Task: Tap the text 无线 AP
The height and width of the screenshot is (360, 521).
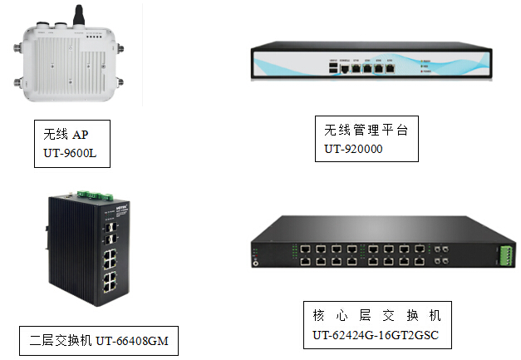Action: pyautogui.click(x=66, y=134)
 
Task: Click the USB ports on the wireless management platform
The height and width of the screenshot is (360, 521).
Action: pyautogui.click(x=333, y=69)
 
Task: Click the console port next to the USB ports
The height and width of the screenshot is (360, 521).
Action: pyautogui.click(x=344, y=69)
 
